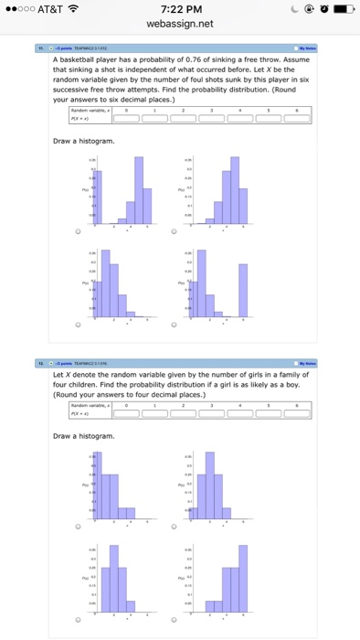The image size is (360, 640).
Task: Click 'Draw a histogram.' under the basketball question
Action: (x=85, y=141)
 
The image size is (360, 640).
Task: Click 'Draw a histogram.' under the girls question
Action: (x=85, y=436)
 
